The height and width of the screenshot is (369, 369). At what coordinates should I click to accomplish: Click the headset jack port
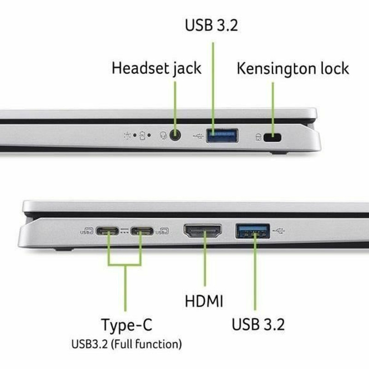pyautogui.click(x=175, y=136)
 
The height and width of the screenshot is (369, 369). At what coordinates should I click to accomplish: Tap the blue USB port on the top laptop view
pyautogui.click(x=222, y=136)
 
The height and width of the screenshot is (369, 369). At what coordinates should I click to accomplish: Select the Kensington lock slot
pyautogui.click(x=276, y=137)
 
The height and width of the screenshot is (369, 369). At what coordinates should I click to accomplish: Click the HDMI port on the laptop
pyautogui.click(x=202, y=231)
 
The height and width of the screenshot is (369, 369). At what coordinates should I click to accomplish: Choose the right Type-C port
pyautogui.click(x=141, y=231)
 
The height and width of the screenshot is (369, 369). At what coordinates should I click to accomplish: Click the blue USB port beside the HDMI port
pyautogui.click(x=253, y=231)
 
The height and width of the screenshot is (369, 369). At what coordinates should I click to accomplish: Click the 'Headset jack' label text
pyautogui.click(x=156, y=68)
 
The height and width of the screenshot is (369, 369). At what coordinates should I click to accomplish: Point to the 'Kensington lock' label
pyautogui.click(x=292, y=68)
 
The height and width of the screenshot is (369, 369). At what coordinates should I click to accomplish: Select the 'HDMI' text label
pyautogui.click(x=203, y=302)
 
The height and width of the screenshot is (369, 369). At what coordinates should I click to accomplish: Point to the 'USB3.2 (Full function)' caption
pyautogui.click(x=126, y=344)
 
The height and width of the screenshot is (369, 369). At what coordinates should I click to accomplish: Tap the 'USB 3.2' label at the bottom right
pyautogui.click(x=258, y=324)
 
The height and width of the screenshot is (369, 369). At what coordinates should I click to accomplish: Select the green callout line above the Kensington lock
pyautogui.click(x=273, y=106)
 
